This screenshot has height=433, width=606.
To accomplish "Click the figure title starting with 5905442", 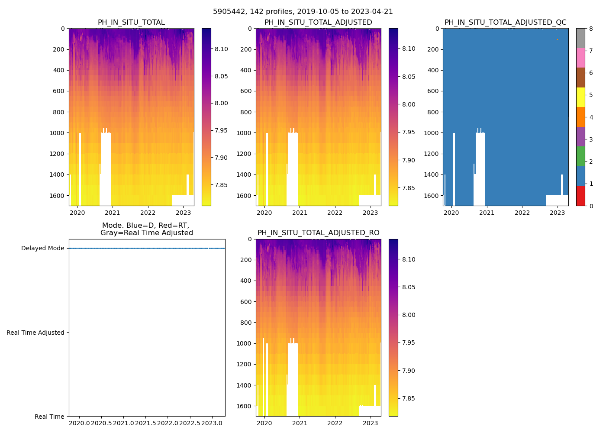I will coord(303,12).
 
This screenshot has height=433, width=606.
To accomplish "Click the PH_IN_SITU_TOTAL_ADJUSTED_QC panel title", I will coord(505,23).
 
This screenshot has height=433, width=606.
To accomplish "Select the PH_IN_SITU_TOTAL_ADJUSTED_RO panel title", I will coord(318,233).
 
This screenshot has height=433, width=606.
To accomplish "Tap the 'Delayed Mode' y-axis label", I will coord(42,249).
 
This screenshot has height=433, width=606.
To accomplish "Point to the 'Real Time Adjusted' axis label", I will coord(35,333).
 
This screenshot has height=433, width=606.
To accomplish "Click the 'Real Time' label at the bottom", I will coord(49,417).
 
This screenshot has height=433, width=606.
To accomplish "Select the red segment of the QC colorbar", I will coord(580,196).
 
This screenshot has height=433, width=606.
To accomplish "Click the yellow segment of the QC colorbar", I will coord(580,97).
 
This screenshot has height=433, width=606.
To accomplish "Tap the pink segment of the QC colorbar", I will coord(580,58).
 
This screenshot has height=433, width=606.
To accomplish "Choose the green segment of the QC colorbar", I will coord(580,156).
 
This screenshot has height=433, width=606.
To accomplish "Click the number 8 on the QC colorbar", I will coord(591,29).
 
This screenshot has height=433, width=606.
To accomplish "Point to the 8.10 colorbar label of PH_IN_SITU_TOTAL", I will coord(222,49).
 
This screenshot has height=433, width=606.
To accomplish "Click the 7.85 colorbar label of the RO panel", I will coord(409,398).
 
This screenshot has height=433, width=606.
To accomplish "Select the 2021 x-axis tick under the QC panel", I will coord(487,213).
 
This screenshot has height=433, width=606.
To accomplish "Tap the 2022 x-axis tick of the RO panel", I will coord(335,423).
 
